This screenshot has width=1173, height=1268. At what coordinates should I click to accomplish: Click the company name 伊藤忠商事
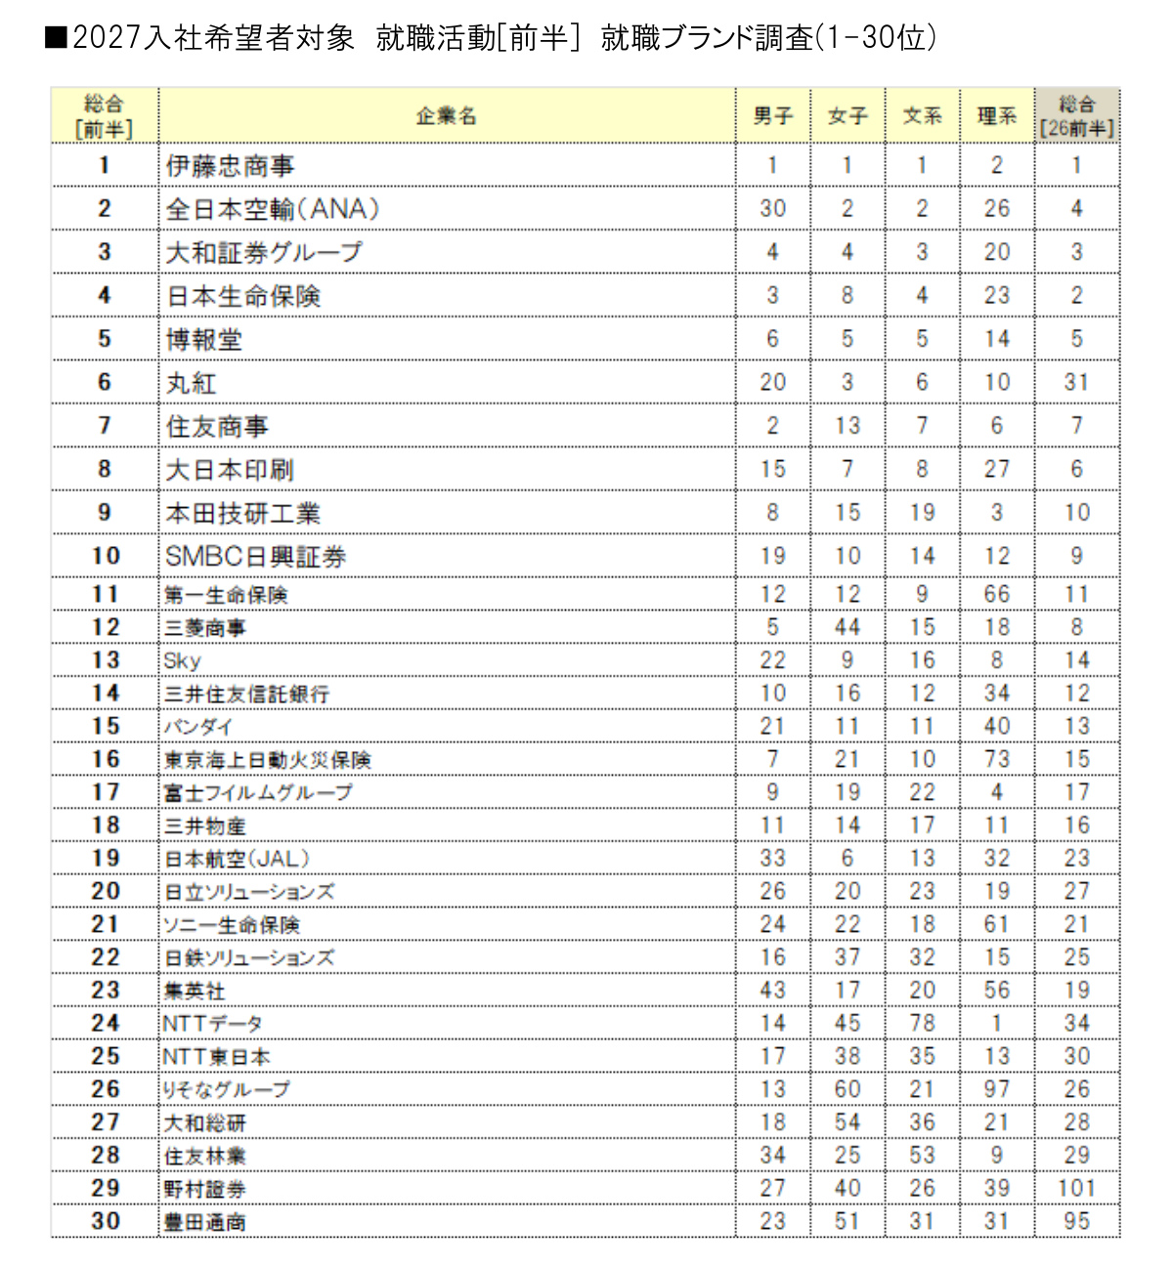(230, 166)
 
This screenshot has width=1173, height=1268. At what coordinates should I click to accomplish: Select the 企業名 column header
(446, 116)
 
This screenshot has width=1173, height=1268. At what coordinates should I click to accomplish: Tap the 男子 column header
(772, 116)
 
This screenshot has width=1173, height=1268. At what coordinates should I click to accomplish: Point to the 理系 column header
(996, 116)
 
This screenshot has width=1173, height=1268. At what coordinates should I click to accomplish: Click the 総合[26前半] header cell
(1076, 116)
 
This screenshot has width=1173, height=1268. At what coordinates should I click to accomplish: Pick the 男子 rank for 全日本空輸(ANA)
(772, 209)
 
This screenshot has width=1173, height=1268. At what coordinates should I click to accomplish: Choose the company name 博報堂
(203, 340)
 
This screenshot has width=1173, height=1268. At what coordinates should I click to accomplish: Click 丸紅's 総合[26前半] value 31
(1076, 383)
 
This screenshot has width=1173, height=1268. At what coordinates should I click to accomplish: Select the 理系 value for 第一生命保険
(996, 595)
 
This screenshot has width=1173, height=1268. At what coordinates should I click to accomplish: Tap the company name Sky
(183, 661)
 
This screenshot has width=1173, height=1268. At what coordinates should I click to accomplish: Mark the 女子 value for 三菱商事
(847, 628)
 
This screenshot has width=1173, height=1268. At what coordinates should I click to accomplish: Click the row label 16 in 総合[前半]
(105, 760)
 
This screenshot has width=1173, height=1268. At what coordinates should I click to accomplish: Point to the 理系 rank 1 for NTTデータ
(996, 1024)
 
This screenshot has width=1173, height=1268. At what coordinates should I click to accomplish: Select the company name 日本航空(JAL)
(237, 860)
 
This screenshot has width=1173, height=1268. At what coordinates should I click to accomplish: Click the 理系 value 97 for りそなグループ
(996, 1090)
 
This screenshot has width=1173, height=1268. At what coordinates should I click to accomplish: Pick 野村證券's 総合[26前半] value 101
(1076, 1189)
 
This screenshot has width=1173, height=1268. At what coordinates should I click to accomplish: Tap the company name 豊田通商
(204, 1222)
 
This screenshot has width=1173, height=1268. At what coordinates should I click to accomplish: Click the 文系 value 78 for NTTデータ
(922, 1024)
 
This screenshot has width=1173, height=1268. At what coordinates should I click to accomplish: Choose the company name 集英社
(195, 992)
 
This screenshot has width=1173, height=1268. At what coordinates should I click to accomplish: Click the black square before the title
(56, 38)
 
